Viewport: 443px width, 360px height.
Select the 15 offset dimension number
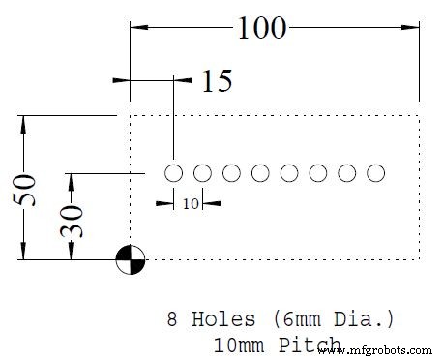218,81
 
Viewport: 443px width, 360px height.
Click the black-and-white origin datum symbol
130,258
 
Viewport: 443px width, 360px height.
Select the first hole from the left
173,174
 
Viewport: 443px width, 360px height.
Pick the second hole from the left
202,174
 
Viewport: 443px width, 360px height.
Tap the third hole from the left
231,174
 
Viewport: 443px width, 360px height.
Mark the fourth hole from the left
260,174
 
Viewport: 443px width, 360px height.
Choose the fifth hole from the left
289,174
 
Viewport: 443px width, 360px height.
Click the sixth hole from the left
318,174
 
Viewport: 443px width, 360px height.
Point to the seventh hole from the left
347,174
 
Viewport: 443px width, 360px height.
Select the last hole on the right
376,174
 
